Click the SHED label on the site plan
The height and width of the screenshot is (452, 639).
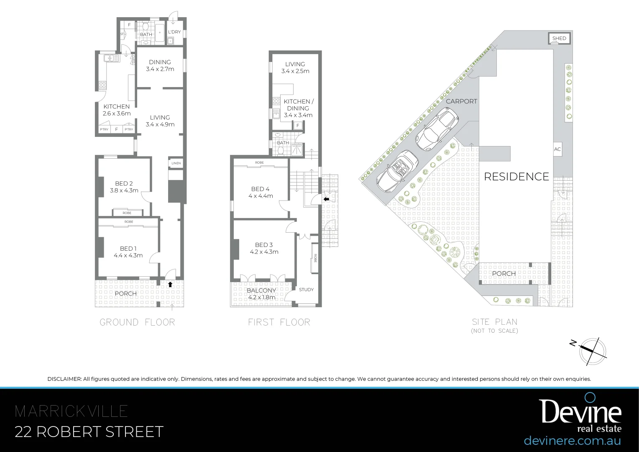[x=559, y=39]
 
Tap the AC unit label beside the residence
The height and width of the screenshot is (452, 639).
[x=557, y=149]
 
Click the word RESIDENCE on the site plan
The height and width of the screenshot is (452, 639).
[x=516, y=177]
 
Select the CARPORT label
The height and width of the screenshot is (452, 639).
[x=461, y=101]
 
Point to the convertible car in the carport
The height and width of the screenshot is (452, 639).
[x=397, y=171]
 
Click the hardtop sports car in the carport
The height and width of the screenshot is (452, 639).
[x=437, y=129]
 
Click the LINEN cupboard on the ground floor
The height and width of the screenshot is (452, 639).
[x=176, y=163]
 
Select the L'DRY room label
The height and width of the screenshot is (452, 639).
[x=174, y=32]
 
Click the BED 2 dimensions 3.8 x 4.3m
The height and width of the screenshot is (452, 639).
[x=124, y=190]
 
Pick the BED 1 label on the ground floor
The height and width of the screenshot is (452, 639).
[x=128, y=249]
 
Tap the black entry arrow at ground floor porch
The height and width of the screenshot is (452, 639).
[x=170, y=284]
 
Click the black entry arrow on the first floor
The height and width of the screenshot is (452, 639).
[x=326, y=199]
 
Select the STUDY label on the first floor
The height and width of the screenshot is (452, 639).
[x=306, y=290]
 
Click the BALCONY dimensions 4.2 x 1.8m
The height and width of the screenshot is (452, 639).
[x=262, y=298]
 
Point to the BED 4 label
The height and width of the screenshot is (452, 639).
[x=260, y=189]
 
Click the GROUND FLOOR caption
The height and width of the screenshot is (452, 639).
[x=137, y=322]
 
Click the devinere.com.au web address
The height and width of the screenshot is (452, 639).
[x=572, y=441]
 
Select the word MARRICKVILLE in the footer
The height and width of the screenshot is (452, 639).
[x=71, y=411]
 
